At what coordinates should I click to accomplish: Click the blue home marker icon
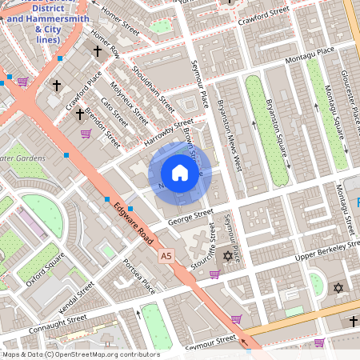[x=180, y=172]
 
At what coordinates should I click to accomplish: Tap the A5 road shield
[x=166, y=256]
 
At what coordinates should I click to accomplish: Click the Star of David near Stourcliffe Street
[x=227, y=257]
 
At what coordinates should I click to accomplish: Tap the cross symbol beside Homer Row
[x=98, y=50]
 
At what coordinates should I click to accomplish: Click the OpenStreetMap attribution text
[x=80, y=354]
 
